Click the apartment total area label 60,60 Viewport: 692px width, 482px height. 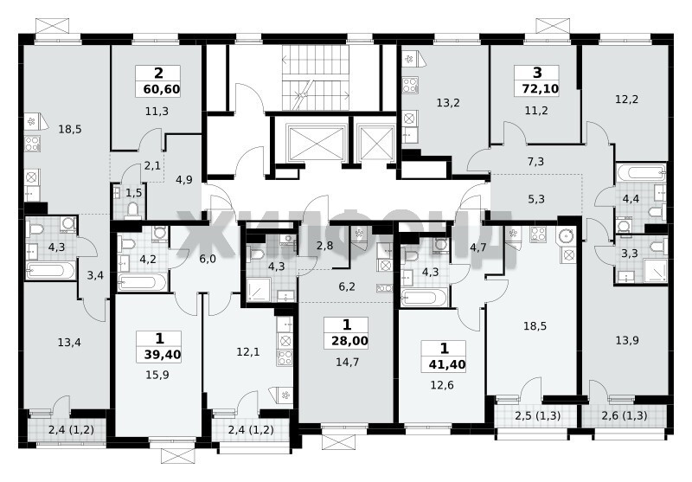tap(162, 90)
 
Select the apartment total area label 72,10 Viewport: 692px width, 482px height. tap(540, 89)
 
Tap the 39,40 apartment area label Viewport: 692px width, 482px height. tap(162, 355)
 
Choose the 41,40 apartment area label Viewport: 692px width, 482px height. tap(447, 364)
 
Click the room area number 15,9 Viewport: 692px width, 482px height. tap(157, 376)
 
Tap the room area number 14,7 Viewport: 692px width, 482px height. tap(348, 363)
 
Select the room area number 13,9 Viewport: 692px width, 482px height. tap(627, 340)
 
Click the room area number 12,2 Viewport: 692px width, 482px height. tap(626, 100)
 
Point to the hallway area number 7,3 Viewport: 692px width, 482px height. tap(535, 162)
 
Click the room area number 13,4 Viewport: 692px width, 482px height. tap(69, 342)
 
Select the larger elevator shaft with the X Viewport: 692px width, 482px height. tap(315, 141)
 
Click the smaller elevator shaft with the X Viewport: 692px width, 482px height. tap(375, 142)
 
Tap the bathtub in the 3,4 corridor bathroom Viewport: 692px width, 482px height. tap(51, 270)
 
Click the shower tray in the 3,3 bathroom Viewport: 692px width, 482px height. tap(656, 271)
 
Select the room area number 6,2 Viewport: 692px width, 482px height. tap(347, 287)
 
